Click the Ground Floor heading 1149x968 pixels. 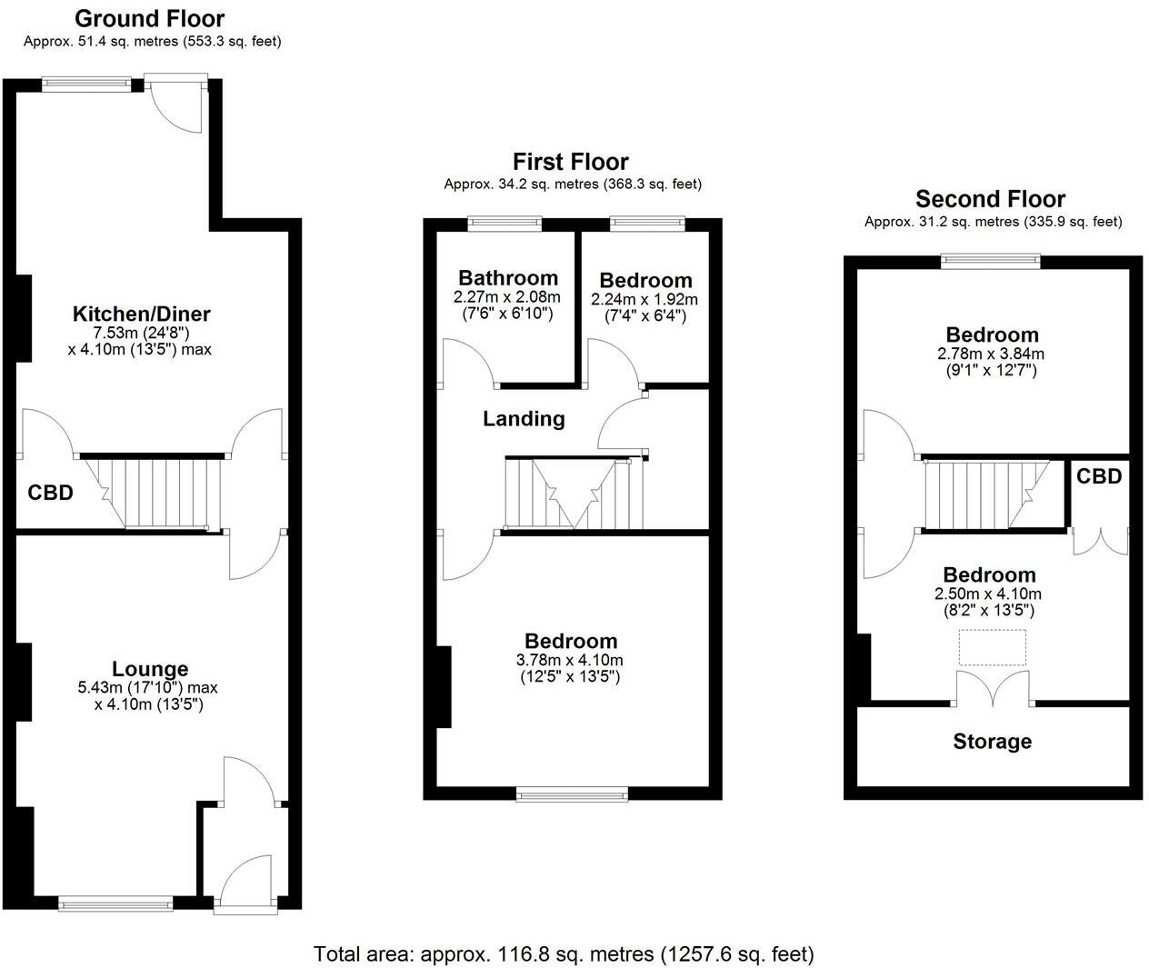tap(149, 18)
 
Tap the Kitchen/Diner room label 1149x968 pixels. tap(141, 314)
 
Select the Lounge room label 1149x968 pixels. tap(150, 670)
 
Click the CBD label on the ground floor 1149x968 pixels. tap(50, 494)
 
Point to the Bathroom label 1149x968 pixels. tap(507, 278)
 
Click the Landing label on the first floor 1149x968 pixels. tap(524, 419)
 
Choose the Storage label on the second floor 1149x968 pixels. tap(992, 742)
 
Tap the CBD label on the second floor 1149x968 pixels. tap(1099, 476)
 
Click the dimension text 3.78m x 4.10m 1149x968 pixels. tap(571, 660)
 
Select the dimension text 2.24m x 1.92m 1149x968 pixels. tap(644, 299)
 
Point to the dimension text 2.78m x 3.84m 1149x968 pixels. tap(991, 354)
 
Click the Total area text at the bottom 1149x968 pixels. tap(564, 954)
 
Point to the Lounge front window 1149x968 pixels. tap(115, 903)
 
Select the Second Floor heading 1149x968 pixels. tap(990, 199)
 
